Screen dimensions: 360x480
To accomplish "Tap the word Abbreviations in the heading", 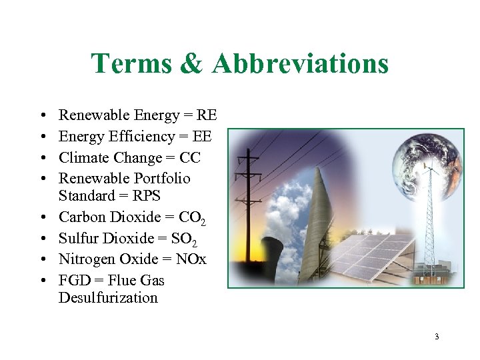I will tap(301, 64).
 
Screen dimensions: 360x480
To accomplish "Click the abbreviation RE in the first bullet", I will tap(206, 115).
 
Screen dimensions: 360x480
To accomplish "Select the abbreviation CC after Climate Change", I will tap(189, 157).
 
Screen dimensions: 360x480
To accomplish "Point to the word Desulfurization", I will tap(108, 297).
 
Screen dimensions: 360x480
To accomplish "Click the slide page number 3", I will tap(437, 337).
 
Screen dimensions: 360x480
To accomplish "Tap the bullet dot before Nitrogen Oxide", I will tap(42, 259).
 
